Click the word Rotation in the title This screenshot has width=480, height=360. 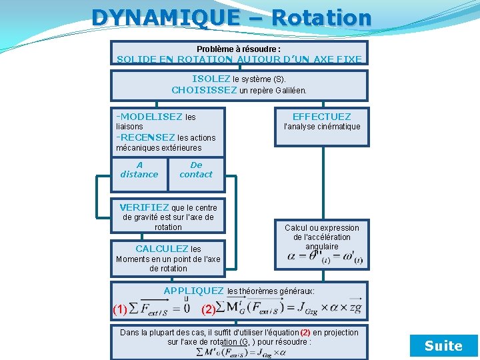(x=321, y=17)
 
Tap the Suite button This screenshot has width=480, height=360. (x=443, y=345)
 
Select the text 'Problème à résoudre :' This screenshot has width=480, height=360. (x=239, y=49)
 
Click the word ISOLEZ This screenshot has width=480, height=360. (x=211, y=79)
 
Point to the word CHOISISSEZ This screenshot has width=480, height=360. (x=204, y=90)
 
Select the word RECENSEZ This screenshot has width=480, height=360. (x=147, y=137)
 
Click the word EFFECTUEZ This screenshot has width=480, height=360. (x=321, y=117)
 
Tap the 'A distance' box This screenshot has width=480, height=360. (x=139, y=170)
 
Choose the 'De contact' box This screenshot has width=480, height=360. (x=196, y=170)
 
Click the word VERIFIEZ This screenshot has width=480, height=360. (x=144, y=207)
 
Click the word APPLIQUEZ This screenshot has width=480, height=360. (x=193, y=291)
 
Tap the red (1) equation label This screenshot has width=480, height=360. (x=120, y=309)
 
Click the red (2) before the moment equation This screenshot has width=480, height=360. (x=209, y=309)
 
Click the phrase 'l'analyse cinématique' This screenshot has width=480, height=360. (x=321, y=127)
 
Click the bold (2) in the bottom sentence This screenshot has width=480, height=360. (x=305, y=332)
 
